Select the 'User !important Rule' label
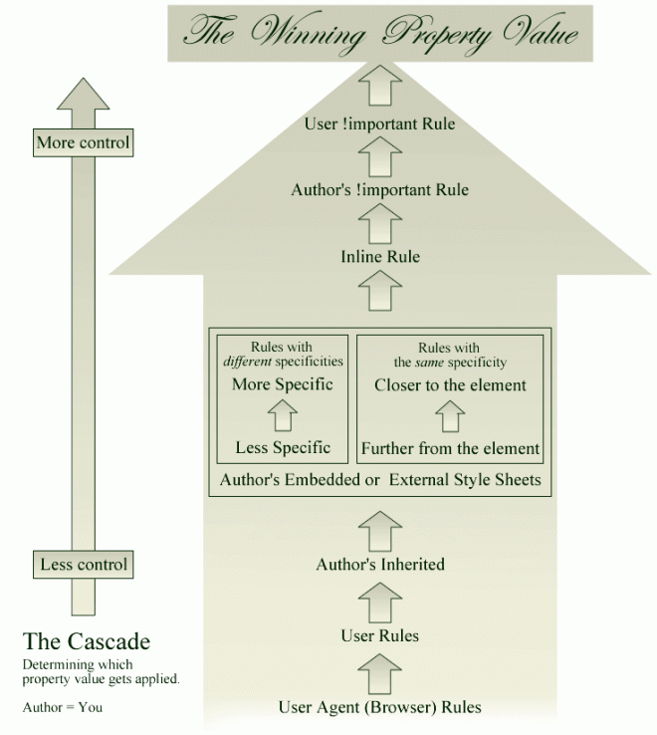click(x=379, y=124)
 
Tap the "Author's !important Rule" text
click(x=379, y=189)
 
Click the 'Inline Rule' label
click(x=380, y=257)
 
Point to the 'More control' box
click(x=84, y=142)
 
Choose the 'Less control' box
click(x=84, y=565)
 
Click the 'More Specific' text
click(x=283, y=384)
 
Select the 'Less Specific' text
click(x=283, y=447)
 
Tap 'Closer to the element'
click(x=450, y=384)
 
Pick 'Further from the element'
click(x=450, y=447)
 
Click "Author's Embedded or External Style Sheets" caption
click(x=380, y=480)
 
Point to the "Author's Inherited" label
click(x=380, y=565)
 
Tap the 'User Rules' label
click(x=380, y=635)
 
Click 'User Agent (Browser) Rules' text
click(x=380, y=707)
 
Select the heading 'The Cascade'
click(x=87, y=640)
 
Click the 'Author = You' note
click(x=62, y=707)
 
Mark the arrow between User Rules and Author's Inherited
click(x=380, y=601)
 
